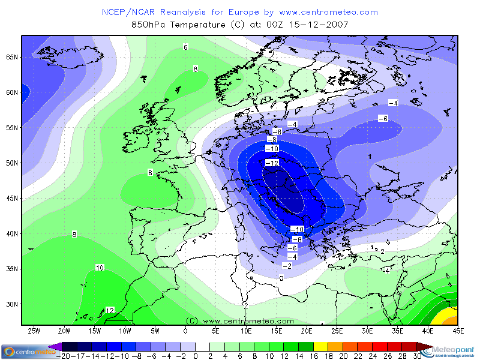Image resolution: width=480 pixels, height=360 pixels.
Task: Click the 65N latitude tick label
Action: (x=12, y=57)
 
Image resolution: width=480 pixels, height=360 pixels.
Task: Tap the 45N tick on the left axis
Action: (x=12, y=198)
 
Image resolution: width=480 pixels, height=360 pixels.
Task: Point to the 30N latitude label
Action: (x=12, y=304)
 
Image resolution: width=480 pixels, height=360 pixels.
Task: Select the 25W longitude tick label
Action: (x=34, y=331)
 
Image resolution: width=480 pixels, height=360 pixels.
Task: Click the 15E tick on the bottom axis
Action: (x=276, y=331)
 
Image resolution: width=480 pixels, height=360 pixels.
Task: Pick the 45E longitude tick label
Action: (x=458, y=331)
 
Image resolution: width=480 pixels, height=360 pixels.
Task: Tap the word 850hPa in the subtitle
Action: (x=149, y=25)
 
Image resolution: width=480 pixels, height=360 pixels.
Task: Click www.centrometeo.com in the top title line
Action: (x=329, y=12)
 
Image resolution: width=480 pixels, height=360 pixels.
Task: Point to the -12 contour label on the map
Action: (x=272, y=163)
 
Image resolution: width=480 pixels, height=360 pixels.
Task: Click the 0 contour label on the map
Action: (x=281, y=278)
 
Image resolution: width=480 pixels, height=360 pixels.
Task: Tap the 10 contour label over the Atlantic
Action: (x=100, y=268)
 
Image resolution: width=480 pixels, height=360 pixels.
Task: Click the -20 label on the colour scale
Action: (x=63, y=356)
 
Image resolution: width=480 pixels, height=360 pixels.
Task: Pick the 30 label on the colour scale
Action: (x=416, y=356)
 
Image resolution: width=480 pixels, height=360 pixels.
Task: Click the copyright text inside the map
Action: (x=240, y=321)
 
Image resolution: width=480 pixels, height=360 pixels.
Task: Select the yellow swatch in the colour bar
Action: (x=320, y=347)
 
